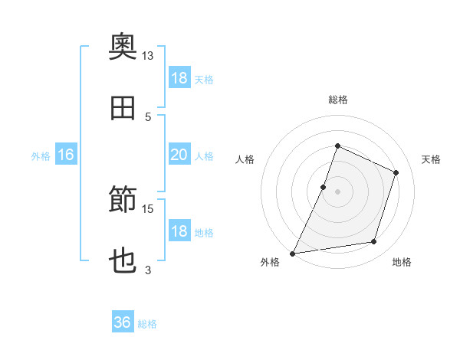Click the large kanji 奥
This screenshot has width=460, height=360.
(123, 46)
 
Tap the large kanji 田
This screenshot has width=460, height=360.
(123, 108)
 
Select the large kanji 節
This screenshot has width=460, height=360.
(123, 198)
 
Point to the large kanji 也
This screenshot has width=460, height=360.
(123, 260)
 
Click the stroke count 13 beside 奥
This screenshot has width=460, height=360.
(147, 56)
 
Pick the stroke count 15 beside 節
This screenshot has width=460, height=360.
(147, 209)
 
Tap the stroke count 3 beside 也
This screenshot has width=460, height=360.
(148, 270)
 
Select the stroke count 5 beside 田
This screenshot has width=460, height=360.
(148, 117)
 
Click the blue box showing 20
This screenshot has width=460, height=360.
(179, 154)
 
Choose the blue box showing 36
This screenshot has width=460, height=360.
(123, 321)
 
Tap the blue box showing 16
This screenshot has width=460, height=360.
(66, 154)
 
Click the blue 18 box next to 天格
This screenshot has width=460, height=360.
(179, 77)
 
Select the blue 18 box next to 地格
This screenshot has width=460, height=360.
(179, 230)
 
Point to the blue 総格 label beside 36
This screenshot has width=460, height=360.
(147, 324)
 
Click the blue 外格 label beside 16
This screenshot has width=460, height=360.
(41, 156)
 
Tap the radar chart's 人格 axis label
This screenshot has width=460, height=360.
(245, 159)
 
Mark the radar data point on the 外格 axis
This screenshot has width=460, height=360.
(292, 254)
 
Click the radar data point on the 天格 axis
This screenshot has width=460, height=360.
(396, 172)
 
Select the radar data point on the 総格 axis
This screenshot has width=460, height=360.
(337, 146)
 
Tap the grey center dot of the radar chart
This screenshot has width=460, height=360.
(337, 191)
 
